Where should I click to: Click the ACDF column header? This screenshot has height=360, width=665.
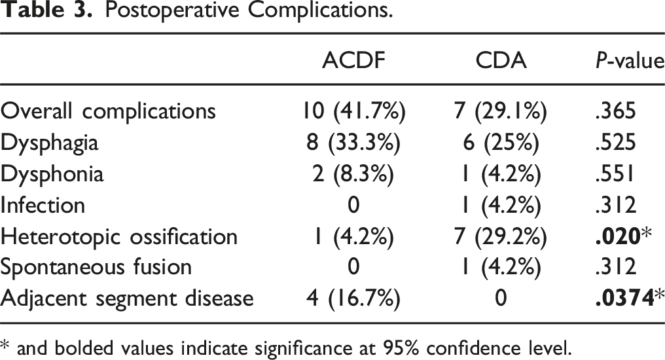(x=353, y=60)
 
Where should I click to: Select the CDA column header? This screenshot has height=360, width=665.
(x=501, y=60)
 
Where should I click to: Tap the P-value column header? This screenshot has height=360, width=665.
(x=630, y=61)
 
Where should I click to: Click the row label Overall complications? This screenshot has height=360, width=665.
(x=108, y=111)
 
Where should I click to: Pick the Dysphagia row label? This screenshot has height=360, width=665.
(x=49, y=143)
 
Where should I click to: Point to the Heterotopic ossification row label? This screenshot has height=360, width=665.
(x=118, y=236)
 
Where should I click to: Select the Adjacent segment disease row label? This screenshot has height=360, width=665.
(x=127, y=298)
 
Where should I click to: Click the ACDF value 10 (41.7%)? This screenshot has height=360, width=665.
(x=353, y=111)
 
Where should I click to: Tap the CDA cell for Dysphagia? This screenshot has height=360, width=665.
(x=501, y=143)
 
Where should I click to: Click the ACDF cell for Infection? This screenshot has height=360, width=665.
(x=353, y=205)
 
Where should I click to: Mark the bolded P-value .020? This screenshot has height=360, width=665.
(x=617, y=236)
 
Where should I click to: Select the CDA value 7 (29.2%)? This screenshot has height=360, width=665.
(x=501, y=236)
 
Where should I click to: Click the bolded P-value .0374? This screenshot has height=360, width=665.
(x=624, y=298)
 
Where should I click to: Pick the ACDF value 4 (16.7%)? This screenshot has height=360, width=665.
(x=353, y=298)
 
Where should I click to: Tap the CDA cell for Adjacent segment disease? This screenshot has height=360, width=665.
(x=501, y=298)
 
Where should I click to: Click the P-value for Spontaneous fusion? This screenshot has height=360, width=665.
(x=616, y=267)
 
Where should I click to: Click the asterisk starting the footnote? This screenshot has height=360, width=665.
(x=4, y=345)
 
